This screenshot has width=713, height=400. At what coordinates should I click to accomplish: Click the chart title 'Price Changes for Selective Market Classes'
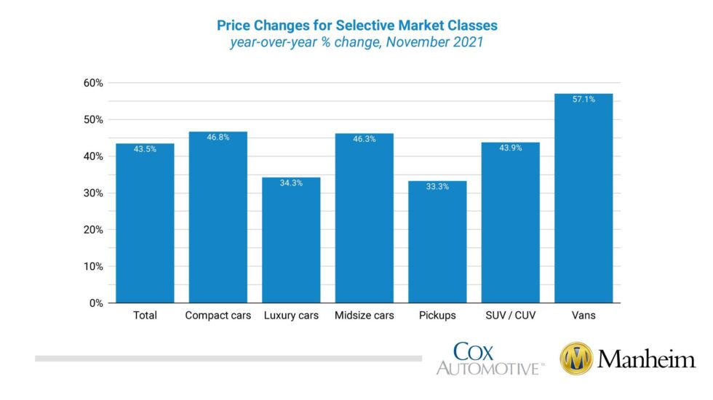[357, 25]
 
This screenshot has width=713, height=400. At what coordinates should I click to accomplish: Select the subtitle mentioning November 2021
[357, 42]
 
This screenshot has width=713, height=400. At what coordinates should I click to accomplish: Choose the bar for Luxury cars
[291, 240]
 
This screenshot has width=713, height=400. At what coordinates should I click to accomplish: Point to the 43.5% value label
[145, 149]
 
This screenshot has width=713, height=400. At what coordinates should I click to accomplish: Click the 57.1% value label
[583, 99]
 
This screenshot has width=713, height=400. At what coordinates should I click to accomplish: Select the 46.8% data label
[218, 137]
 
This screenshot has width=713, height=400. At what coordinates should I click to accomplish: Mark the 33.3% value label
[437, 186]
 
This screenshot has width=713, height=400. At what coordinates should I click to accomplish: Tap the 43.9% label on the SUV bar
[510, 148]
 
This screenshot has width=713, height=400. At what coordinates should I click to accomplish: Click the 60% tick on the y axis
[93, 83]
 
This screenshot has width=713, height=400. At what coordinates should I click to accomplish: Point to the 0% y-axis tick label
[96, 303]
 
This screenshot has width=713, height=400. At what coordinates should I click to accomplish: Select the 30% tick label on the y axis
[93, 193]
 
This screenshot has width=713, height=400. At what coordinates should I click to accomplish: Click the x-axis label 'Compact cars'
[218, 316]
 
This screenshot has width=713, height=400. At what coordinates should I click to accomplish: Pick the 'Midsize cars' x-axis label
[364, 316]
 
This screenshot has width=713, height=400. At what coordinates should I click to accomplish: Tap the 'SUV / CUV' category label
[510, 316]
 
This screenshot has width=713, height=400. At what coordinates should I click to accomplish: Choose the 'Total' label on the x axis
[145, 316]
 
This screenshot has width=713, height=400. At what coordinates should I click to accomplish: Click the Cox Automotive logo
[489, 359]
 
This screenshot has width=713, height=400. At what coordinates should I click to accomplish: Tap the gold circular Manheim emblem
[576, 359]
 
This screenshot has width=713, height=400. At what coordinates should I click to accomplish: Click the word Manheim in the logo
[646, 359]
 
